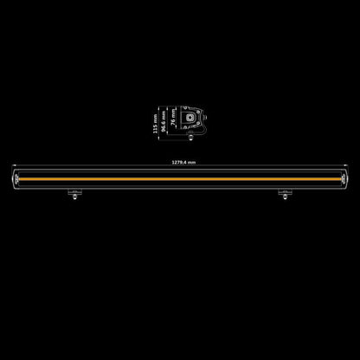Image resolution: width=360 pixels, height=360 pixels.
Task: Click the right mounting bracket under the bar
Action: pyautogui.click(x=285, y=192)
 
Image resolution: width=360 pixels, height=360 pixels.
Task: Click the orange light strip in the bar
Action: pyautogui.click(x=180, y=179)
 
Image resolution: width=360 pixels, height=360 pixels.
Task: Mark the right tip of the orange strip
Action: pyautogui.click(x=340, y=179)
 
